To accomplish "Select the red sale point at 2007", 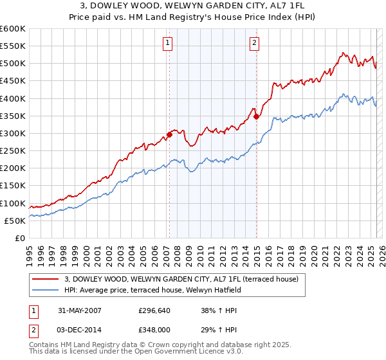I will click(170, 134).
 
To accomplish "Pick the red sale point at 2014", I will click(256, 116).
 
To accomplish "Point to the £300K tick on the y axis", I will click(13, 133).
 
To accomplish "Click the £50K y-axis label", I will click(15, 221).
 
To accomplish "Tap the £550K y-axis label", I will click(13, 46).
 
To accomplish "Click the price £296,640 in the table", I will click(155, 310).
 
